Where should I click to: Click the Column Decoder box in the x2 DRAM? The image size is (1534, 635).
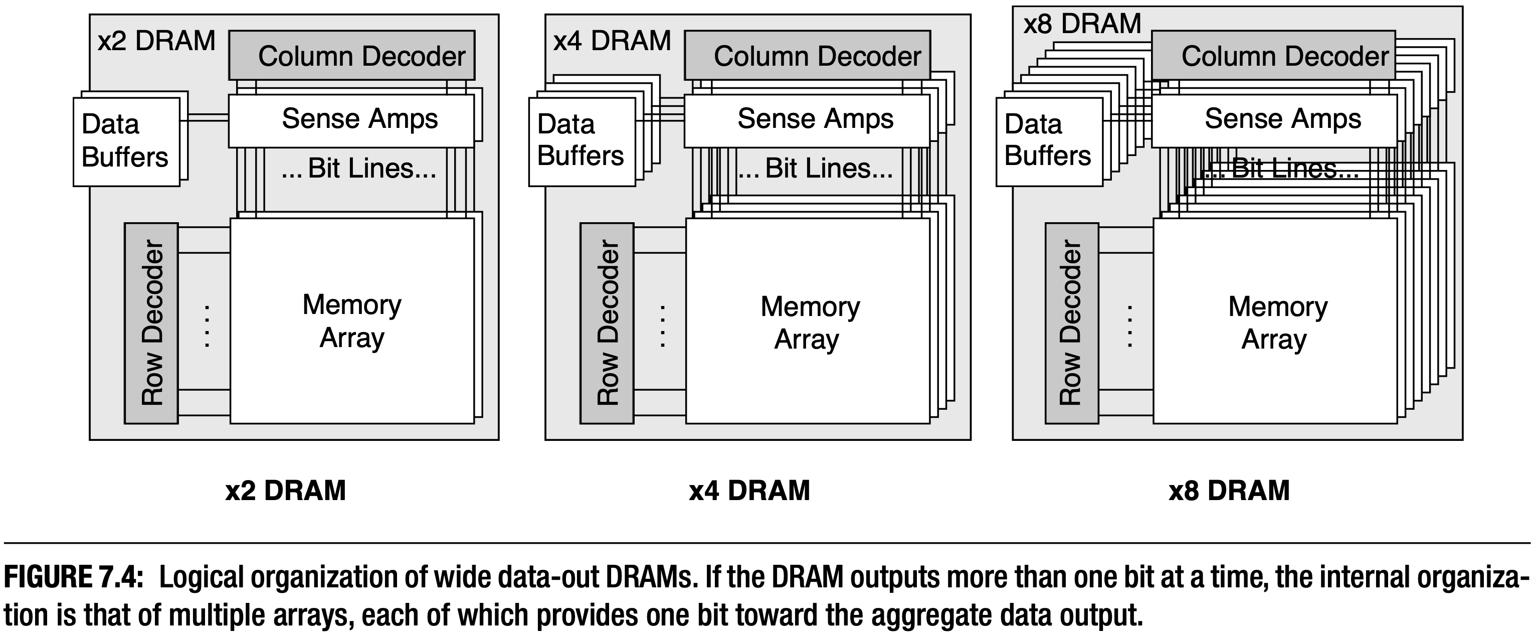pos(352,55)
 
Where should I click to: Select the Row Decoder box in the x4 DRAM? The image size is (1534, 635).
pos(607,324)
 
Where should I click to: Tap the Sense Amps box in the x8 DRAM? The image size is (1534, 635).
pos(1274,120)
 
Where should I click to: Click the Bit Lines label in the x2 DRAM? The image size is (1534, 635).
pos(359,169)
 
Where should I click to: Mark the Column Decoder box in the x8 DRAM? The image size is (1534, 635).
pos(1273,55)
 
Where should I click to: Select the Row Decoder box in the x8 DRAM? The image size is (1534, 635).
pos(1071,324)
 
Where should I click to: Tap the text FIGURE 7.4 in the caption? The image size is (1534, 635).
pos(73,577)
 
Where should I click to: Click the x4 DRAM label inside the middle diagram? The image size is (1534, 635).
pos(612,41)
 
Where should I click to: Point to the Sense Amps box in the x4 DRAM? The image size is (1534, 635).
pos(807,120)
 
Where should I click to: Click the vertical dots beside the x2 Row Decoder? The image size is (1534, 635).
pos(207,326)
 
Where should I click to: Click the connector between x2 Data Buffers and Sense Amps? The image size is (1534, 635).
pos(204,118)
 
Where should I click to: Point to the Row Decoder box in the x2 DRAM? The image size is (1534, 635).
pos(151,324)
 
